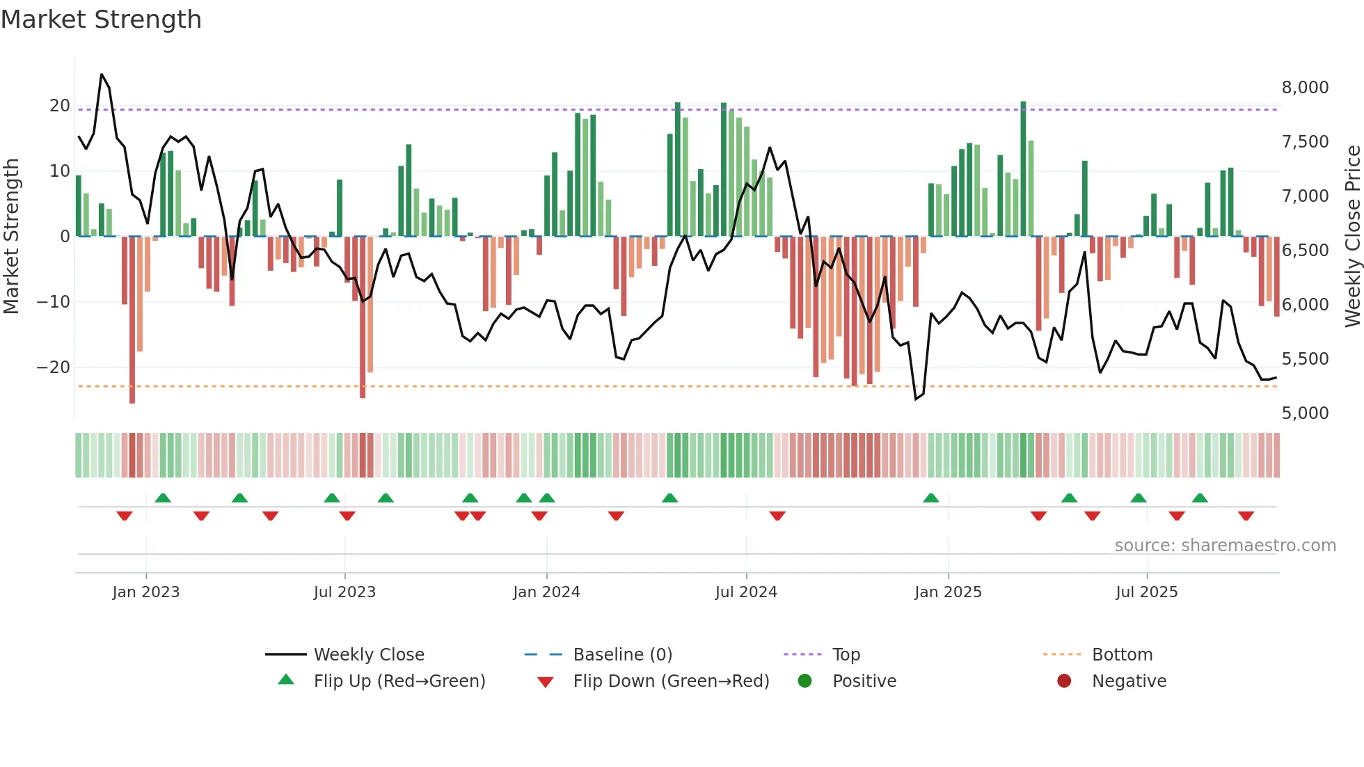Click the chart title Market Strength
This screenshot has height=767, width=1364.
101,19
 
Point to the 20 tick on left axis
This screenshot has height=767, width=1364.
60,106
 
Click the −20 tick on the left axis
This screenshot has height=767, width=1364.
54,367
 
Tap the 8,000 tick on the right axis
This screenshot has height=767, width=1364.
1305,88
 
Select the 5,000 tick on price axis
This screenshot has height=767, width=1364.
1305,413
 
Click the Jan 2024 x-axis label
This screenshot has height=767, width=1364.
546,592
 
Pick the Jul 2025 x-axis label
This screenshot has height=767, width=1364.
1146,592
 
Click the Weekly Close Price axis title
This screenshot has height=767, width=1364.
1352,237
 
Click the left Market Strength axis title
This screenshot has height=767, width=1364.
12,237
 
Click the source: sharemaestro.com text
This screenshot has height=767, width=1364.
1225,546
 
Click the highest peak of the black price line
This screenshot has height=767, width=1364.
102,74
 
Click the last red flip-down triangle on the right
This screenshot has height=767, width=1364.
1246,516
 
